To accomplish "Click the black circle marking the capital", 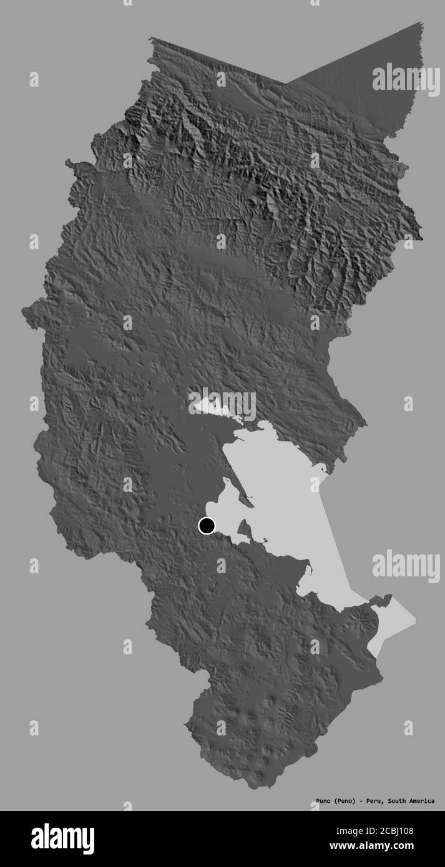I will [207, 526].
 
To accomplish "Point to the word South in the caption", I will [394, 801].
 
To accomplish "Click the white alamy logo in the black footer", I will [63, 839].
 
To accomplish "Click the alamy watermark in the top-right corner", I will [406, 80].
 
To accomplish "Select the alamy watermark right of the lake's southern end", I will [406, 566].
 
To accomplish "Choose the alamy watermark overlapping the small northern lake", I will [222, 404].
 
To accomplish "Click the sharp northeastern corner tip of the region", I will [422, 23].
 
